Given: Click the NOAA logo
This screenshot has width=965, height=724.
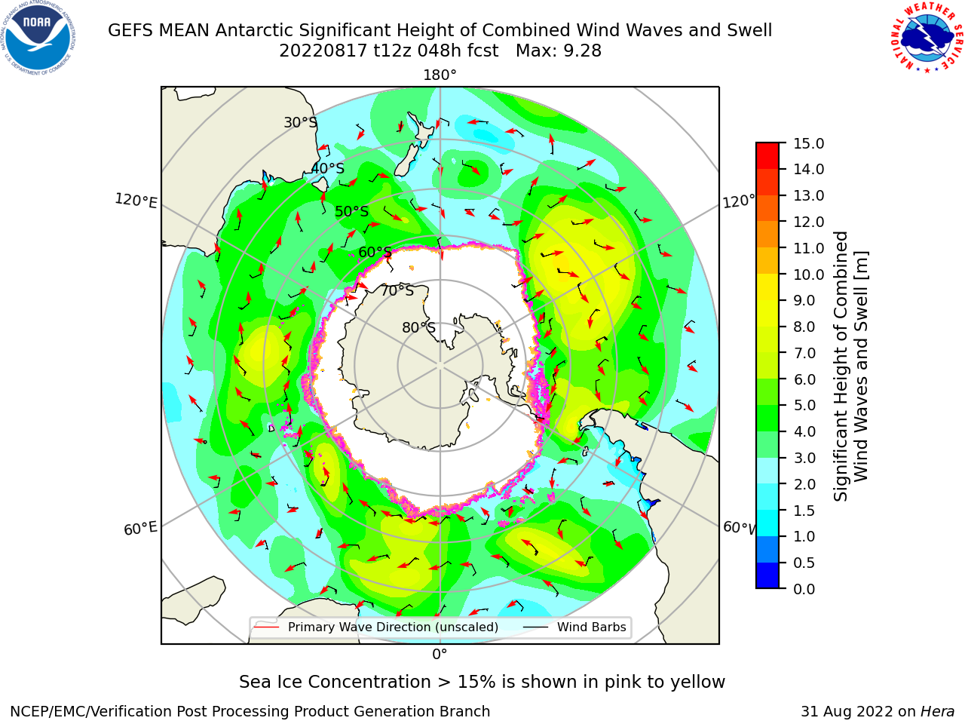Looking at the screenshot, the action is pos(38,38).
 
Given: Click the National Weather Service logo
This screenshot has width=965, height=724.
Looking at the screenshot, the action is pos(927,38).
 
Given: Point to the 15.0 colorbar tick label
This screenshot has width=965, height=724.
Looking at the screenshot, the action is pos(808,144).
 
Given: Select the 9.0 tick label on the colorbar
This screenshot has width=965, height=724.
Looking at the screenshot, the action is pos(804,301).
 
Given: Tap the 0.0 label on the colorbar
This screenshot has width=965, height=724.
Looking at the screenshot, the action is pos(804,589).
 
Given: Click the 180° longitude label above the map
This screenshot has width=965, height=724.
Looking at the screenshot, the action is pos(440,75).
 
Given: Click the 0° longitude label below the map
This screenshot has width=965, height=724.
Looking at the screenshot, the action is pos(440,655).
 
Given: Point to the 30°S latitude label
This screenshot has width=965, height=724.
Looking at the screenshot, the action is pos(300,122).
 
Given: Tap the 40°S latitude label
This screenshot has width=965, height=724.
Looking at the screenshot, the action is pos(328,168).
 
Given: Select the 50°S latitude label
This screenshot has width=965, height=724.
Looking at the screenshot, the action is pos(352,211).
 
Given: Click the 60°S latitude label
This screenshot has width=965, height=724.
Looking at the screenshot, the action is pos(375,253).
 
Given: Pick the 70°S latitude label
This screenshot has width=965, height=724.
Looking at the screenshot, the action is pos(397,290).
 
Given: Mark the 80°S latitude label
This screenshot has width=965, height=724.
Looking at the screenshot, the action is pos(418,327).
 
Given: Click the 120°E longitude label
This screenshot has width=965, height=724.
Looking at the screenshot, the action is pos(136,201).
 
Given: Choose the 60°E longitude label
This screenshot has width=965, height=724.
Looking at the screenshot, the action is pos(140,529).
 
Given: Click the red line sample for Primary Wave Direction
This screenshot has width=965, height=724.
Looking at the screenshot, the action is pos(267,627).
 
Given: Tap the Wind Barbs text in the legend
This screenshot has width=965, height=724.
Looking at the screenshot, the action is pos(591,627).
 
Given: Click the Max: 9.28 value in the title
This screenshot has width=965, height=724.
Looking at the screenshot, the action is pos(559,51).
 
